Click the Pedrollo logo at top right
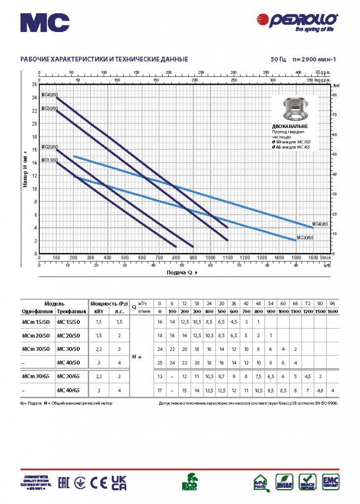(x=298, y=21)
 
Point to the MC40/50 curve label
(x=49, y=94)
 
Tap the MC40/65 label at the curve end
(x=320, y=224)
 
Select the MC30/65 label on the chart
(x=304, y=237)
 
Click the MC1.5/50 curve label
(x=49, y=159)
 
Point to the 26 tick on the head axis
(x=34, y=84)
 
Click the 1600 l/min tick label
(x=313, y=257)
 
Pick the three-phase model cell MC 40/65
(x=68, y=391)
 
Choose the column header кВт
(x=98, y=312)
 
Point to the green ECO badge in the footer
(x=191, y=482)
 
